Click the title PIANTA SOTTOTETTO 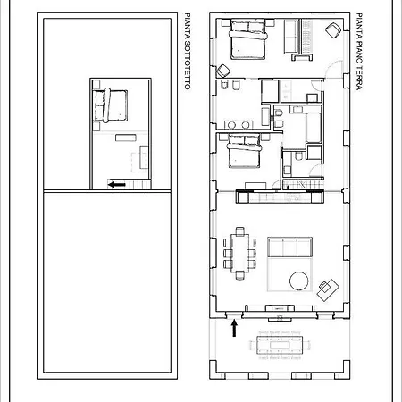point(188,51)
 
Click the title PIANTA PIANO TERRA point(359,51)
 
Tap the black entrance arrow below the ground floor point(234,328)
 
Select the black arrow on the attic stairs point(117,185)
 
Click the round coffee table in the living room point(299,281)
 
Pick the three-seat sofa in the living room point(289,247)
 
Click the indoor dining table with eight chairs point(239,254)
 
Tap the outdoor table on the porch point(280,345)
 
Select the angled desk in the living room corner point(328,289)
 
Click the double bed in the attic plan point(110,105)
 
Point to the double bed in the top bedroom point(248,38)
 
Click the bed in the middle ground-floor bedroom point(244,151)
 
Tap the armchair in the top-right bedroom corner point(333,30)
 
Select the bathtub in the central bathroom point(314,128)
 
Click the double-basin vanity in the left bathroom point(239,125)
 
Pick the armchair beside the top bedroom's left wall point(223,71)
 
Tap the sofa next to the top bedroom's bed point(291,37)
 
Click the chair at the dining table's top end point(240,231)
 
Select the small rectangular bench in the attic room point(126,138)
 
